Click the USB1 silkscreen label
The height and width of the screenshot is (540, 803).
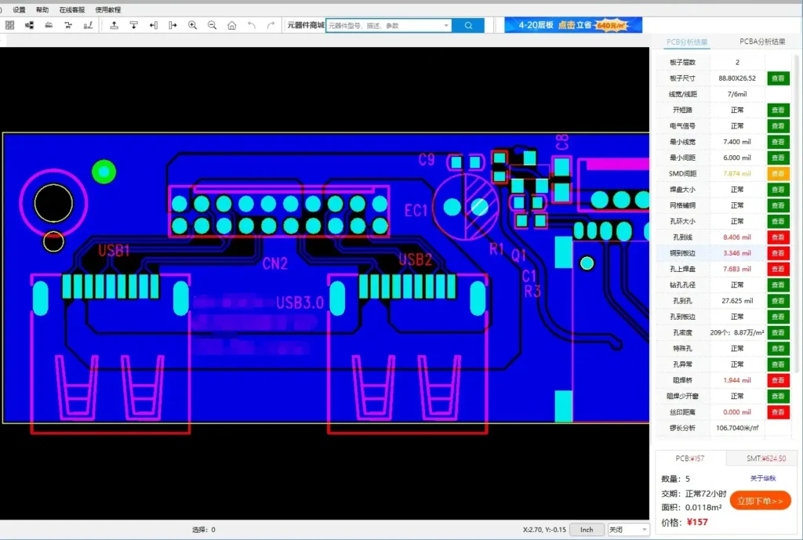114,251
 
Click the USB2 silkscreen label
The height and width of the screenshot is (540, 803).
416,259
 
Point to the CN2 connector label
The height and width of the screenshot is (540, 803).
274,263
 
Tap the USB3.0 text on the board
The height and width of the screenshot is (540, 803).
300,303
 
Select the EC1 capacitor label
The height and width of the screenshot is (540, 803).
416,210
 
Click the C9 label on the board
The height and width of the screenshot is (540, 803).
426,160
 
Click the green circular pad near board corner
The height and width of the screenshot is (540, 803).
104,171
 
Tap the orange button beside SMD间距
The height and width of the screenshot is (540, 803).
778,173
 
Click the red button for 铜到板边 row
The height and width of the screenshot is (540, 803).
778,253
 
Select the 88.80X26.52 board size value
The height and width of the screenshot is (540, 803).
736,78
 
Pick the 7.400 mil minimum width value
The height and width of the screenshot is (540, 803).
736,142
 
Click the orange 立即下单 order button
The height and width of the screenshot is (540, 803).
760,501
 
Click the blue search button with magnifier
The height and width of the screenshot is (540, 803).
469,25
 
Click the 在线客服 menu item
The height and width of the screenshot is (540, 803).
71,10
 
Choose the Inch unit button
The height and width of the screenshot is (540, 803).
587,530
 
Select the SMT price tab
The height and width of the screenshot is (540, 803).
765,458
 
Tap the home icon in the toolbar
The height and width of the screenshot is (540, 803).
231,25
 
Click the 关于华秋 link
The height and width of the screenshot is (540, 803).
763,478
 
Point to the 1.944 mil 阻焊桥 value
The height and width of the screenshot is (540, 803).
736,380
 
